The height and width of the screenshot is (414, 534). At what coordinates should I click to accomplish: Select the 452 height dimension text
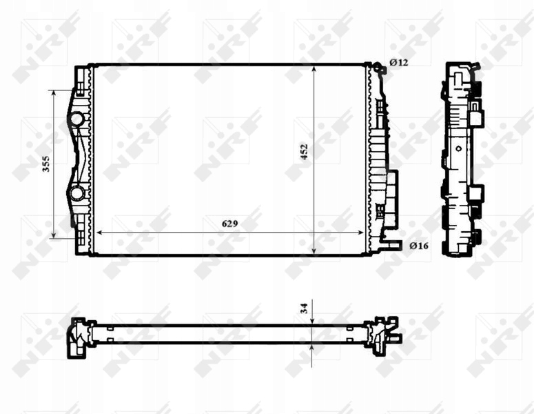[x=304, y=152]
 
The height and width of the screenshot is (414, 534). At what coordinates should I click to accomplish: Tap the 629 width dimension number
[x=231, y=224]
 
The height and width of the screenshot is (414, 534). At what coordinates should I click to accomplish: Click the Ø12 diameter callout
[x=399, y=62]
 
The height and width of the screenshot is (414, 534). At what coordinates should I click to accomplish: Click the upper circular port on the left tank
[x=76, y=119]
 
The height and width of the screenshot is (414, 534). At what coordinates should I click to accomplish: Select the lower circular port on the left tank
[x=76, y=193]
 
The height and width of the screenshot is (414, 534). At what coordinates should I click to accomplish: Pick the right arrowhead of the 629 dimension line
[x=365, y=233]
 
